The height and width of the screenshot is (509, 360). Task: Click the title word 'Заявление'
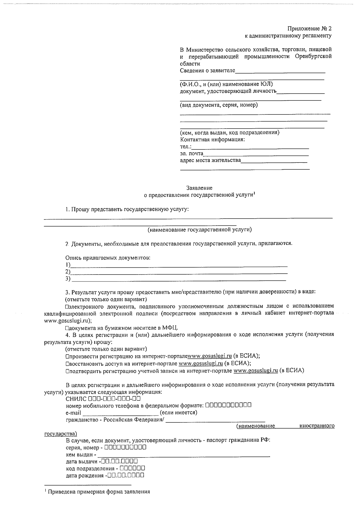pyautogui.click(x=199, y=188)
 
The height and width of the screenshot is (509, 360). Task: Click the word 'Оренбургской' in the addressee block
pyautogui.click(x=313, y=56)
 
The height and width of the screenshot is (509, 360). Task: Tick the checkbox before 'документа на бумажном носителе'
pyautogui.click(x=67, y=328)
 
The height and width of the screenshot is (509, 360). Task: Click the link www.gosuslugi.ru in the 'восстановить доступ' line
pyautogui.click(x=200, y=364)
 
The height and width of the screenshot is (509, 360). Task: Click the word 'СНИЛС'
pyautogui.click(x=76, y=399)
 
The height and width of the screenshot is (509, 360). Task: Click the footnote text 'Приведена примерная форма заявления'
pyautogui.click(x=99, y=492)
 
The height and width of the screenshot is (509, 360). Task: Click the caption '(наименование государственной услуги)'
pyautogui.click(x=199, y=230)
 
